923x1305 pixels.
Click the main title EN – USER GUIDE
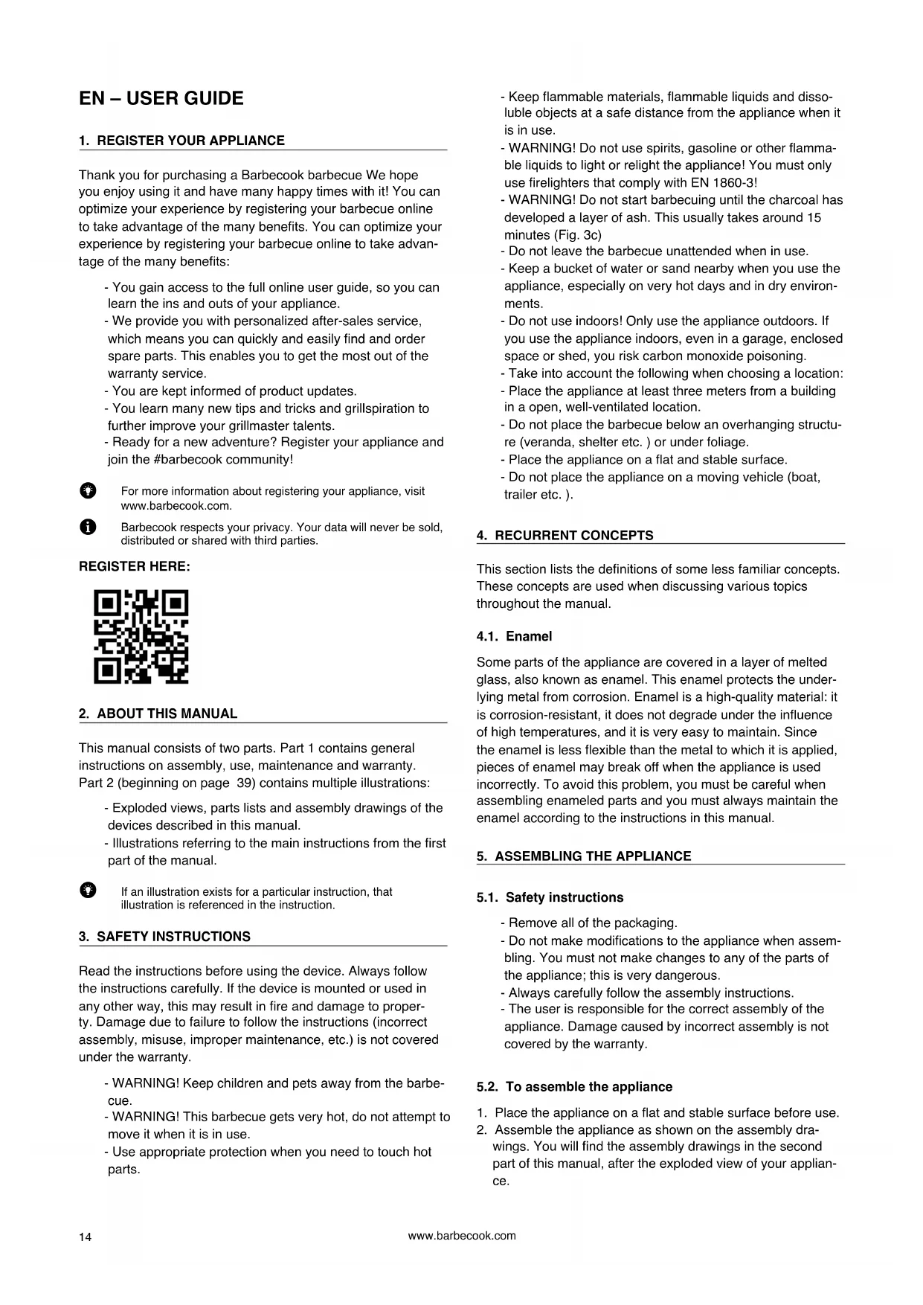[x=161, y=98]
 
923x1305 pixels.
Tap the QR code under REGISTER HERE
[x=141, y=637]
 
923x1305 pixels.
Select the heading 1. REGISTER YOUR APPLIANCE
[x=181, y=141]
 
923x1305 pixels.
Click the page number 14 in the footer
[x=86, y=1237]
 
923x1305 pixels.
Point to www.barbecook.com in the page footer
[x=462, y=1236]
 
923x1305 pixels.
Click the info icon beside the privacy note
[x=88, y=528]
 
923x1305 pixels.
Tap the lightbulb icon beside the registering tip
[x=88, y=491]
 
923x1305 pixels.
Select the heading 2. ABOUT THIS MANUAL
[x=158, y=714]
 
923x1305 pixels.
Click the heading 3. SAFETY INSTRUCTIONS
[x=164, y=937]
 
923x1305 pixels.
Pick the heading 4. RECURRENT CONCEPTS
[x=565, y=536]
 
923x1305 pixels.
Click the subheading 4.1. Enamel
[x=514, y=637]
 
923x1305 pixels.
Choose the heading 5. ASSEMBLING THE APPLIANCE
[x=584, y=856]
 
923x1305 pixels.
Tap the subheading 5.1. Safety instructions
[x=550, y=898]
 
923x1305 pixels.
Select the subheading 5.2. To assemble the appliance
[x=574, y=1087]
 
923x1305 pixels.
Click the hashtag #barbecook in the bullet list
[x=190, y=460]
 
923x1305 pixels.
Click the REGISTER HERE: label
[x=135, y=567]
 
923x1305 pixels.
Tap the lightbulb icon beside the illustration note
[x=88, y=891]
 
